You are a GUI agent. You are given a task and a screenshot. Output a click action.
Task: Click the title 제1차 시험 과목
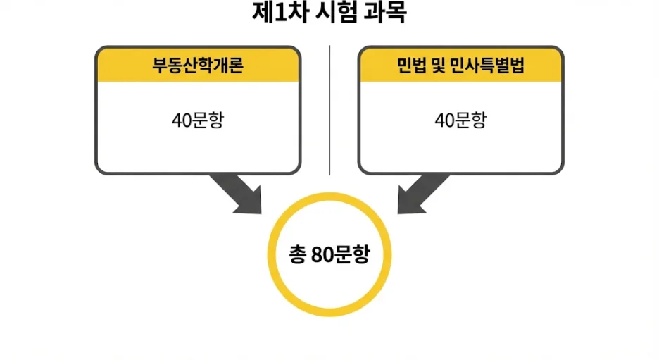tap(329, 13)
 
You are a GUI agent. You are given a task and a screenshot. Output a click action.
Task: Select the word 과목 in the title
tap(383, 13)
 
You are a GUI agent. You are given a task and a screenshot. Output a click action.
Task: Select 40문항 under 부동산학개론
tap(198, 120)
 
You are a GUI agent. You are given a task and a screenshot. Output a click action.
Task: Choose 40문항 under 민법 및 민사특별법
tap(460, 120)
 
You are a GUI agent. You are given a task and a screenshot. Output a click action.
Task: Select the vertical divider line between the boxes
tap(329, 109)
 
